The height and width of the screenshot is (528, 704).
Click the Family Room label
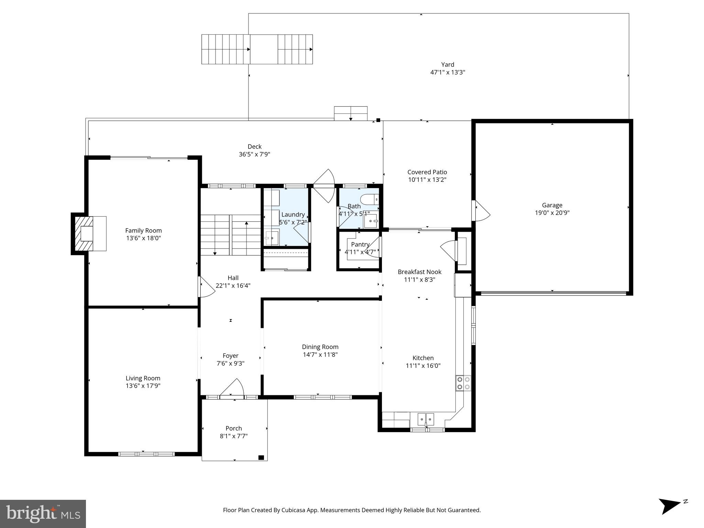[143, 231]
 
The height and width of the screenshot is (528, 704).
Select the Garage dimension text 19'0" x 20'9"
[552, 213]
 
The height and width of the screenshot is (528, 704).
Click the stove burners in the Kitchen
[463, 383]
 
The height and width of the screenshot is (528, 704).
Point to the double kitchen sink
[426, 419]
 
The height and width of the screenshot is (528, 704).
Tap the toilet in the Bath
[369, 199]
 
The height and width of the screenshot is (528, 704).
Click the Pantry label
[360, 244]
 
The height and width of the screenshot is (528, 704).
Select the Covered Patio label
[427, 172]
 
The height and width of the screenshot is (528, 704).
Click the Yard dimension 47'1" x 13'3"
[448, 73]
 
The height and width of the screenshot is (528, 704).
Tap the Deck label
[254, 147]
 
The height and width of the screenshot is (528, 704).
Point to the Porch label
[234, 428]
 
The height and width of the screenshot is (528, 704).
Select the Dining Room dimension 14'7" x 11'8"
[320, 354]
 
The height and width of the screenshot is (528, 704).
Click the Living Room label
[143, 378]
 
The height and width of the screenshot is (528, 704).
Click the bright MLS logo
[43, 514]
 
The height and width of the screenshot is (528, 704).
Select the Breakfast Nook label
[419, 272]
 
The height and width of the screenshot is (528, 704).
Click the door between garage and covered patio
[481, 211]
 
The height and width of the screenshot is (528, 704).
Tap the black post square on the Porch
[261, 457]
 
